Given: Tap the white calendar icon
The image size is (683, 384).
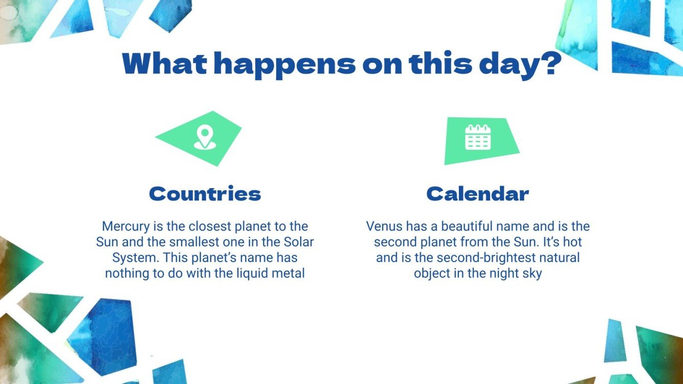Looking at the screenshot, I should click(x=478, y=138).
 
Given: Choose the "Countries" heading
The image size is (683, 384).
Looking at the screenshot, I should click(x=205, y=194).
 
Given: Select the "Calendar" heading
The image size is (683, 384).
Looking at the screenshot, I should click(x=478, y=194).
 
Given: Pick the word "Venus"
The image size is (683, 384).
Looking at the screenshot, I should click(x=383, y=226).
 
